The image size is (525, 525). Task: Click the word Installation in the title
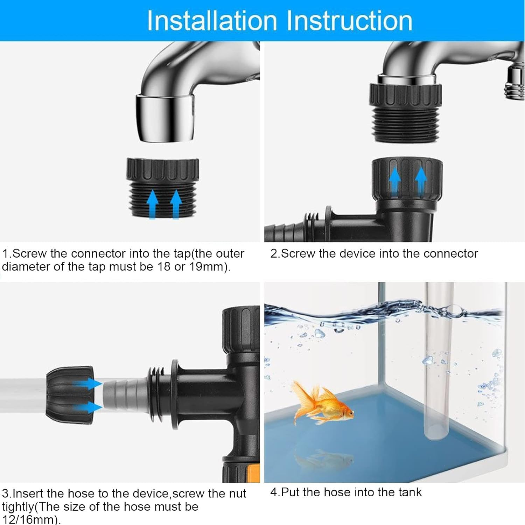point(212,21)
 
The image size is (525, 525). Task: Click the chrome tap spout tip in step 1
point(164,119)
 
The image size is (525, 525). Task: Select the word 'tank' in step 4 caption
point(410,492)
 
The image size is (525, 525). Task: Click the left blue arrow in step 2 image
point(395,180)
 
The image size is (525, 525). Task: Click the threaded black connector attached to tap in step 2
point(405,112)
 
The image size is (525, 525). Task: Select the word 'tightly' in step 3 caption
point(17,506)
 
